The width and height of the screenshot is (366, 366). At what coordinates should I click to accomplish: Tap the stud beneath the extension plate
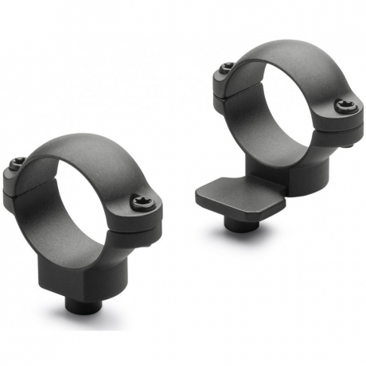click(x=238, y=224)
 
